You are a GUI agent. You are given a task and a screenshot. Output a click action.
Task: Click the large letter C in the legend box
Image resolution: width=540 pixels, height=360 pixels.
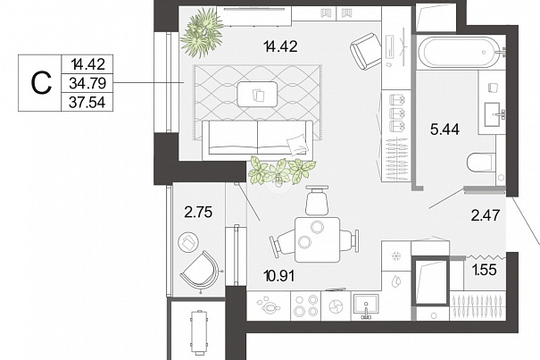(x=41, y=83)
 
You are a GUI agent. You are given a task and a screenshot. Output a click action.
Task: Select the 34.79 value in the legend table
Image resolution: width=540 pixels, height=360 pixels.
(x=87, y=83)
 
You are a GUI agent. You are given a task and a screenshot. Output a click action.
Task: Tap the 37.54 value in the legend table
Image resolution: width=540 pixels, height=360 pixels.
(x=87, y=102)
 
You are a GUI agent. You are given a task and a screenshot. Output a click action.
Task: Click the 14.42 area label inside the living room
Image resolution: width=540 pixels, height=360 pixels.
(x=280, y=46)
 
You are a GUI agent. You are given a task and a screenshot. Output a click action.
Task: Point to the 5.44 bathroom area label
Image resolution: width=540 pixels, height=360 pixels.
(x=445, y=130)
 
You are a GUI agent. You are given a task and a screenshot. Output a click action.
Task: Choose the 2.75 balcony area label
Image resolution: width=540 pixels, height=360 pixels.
(x=198, y=212)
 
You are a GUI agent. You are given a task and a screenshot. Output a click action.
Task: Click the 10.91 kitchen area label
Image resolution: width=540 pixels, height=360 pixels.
(x=278, y=276)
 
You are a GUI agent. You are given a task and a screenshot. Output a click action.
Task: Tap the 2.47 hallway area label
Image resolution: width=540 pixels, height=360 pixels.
(x=486, y=215)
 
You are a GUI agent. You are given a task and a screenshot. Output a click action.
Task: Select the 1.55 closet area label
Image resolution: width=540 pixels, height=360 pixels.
(x=485, y=270)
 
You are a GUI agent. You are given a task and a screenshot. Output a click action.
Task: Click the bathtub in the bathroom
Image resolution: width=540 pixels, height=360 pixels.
(x=459, y=53)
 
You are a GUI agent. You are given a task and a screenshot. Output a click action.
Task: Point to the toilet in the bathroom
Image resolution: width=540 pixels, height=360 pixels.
(x=481, y=163)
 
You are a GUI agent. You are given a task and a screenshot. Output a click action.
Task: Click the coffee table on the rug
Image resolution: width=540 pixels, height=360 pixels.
(x=257, y=94)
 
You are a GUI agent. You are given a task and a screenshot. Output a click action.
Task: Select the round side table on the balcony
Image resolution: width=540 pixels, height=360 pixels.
(x=188, y=242)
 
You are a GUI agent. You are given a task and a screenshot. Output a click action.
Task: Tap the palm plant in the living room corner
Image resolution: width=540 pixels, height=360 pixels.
(x=202, y=33)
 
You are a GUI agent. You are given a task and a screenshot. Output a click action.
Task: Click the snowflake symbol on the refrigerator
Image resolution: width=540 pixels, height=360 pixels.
(x=396, y=256)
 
